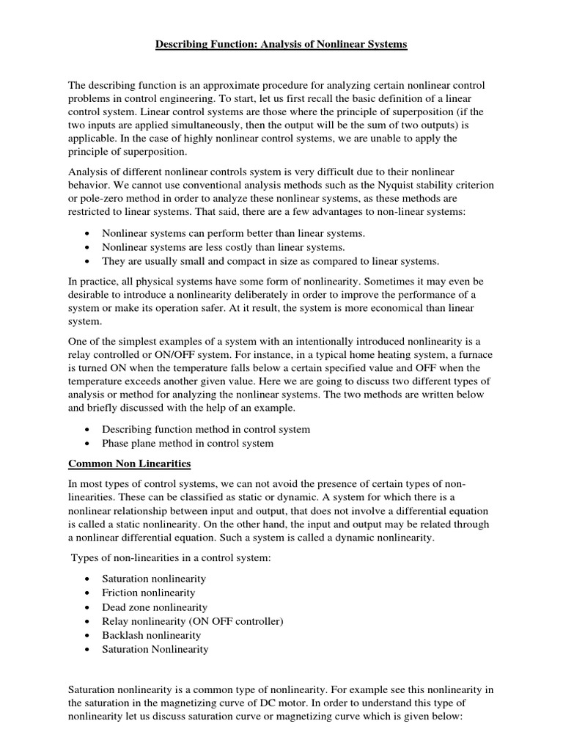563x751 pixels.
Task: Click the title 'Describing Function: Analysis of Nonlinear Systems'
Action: (281, 45)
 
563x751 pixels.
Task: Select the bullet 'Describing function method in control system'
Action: (206, 429)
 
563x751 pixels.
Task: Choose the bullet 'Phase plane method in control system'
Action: (188, 443)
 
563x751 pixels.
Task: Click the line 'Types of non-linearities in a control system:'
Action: (171, 560)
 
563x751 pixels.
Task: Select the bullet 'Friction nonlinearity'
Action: (149, 593)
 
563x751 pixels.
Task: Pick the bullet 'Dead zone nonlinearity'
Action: (155, 607)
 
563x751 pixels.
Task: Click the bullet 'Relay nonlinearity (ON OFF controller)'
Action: (193, 621)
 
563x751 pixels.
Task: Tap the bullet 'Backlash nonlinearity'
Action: (152, 635)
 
